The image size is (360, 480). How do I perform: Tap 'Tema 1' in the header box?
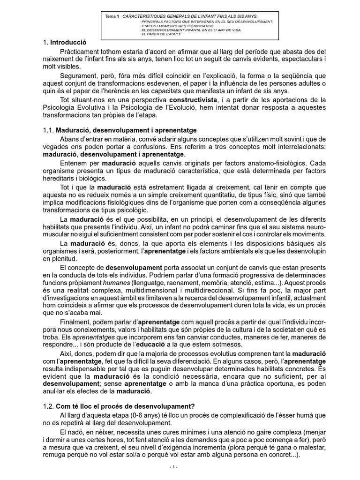click(x=112, y=16)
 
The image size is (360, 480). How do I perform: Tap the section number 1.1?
click(x=48, y=129)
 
